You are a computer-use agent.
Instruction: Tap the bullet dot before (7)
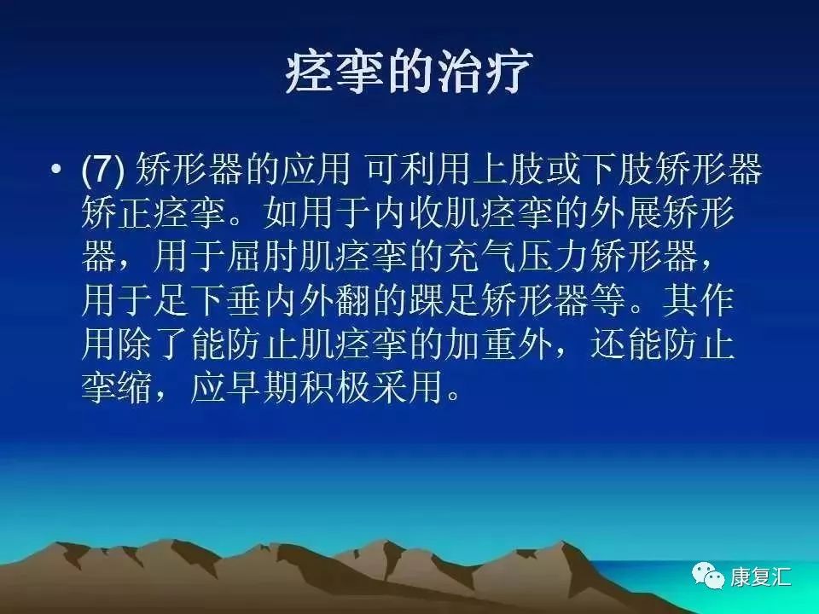(56, 171)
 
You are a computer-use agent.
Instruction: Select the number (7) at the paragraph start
(103, 171)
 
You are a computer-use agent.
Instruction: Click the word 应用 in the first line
(320, 171)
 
